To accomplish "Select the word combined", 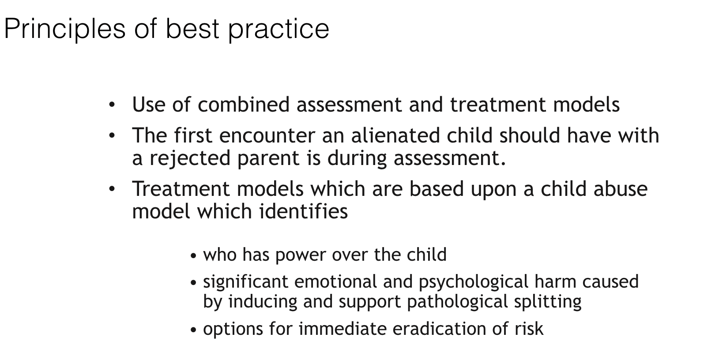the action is coord(244,105).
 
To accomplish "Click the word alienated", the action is coord(395,135).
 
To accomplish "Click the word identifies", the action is coord(304,211).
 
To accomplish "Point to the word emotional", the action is coord(335,281).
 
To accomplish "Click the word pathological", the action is coord(457,302).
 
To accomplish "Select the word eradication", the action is coord(439,329).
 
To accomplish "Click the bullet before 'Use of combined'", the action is coord(112,105).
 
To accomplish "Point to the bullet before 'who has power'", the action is coord(193,256).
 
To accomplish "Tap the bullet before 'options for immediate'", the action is coord(193,330).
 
